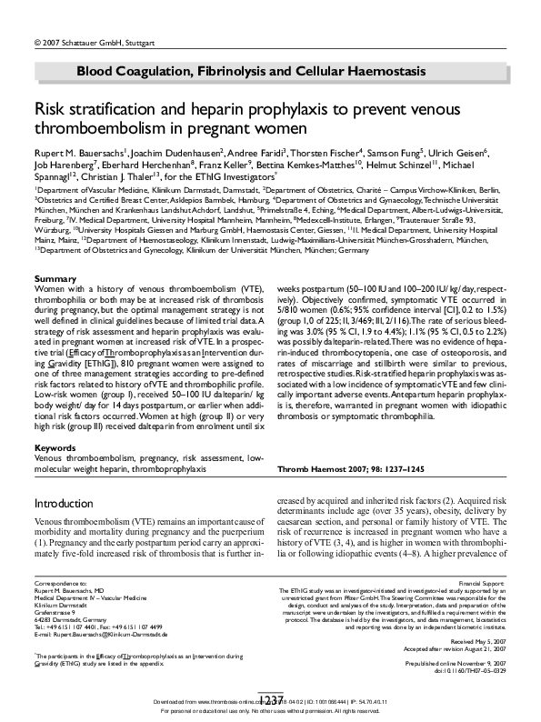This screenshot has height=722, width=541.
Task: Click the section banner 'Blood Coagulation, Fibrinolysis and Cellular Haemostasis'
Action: point(251,71)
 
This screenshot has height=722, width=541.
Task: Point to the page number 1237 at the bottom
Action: point(269,701)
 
